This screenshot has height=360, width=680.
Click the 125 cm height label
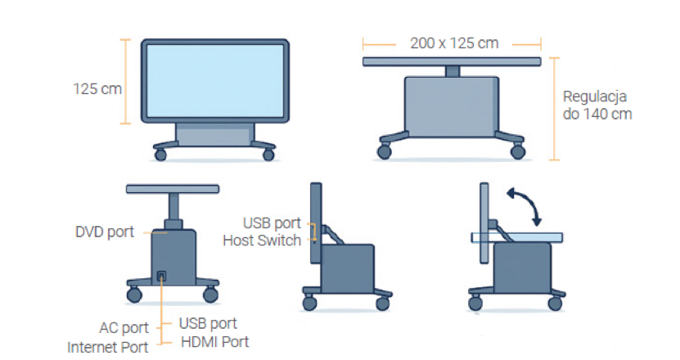tap(97, 89)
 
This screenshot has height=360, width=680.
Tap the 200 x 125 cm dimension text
tap(454, 43)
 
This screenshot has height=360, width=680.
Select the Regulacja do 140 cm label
tap(597, 106)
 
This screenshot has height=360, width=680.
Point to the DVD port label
tap(105, 232)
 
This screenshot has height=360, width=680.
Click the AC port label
tap(124, 328)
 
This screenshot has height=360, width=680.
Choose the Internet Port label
tap(108, 348)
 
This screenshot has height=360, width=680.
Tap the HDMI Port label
tap(214, 342)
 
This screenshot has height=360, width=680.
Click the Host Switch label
tap(262, 241)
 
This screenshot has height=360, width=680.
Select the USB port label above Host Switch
tap(272, 223)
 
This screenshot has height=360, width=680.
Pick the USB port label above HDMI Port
tap(208, 323)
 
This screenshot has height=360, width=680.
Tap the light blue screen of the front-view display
tap(215, 81)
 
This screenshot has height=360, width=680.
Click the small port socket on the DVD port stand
tap(161, 276)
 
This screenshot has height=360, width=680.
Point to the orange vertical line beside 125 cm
tap(125, 82)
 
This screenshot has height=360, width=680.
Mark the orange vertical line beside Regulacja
tap(554, 109)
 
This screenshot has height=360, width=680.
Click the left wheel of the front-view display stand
tap(160, 155)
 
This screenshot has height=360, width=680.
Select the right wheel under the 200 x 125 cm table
tap(518, 152)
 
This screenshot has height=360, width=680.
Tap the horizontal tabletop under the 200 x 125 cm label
tap(452, 62)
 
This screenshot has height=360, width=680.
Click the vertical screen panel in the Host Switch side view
tap(316, 223)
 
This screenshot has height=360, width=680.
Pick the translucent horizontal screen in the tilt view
tap(517, 238)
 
